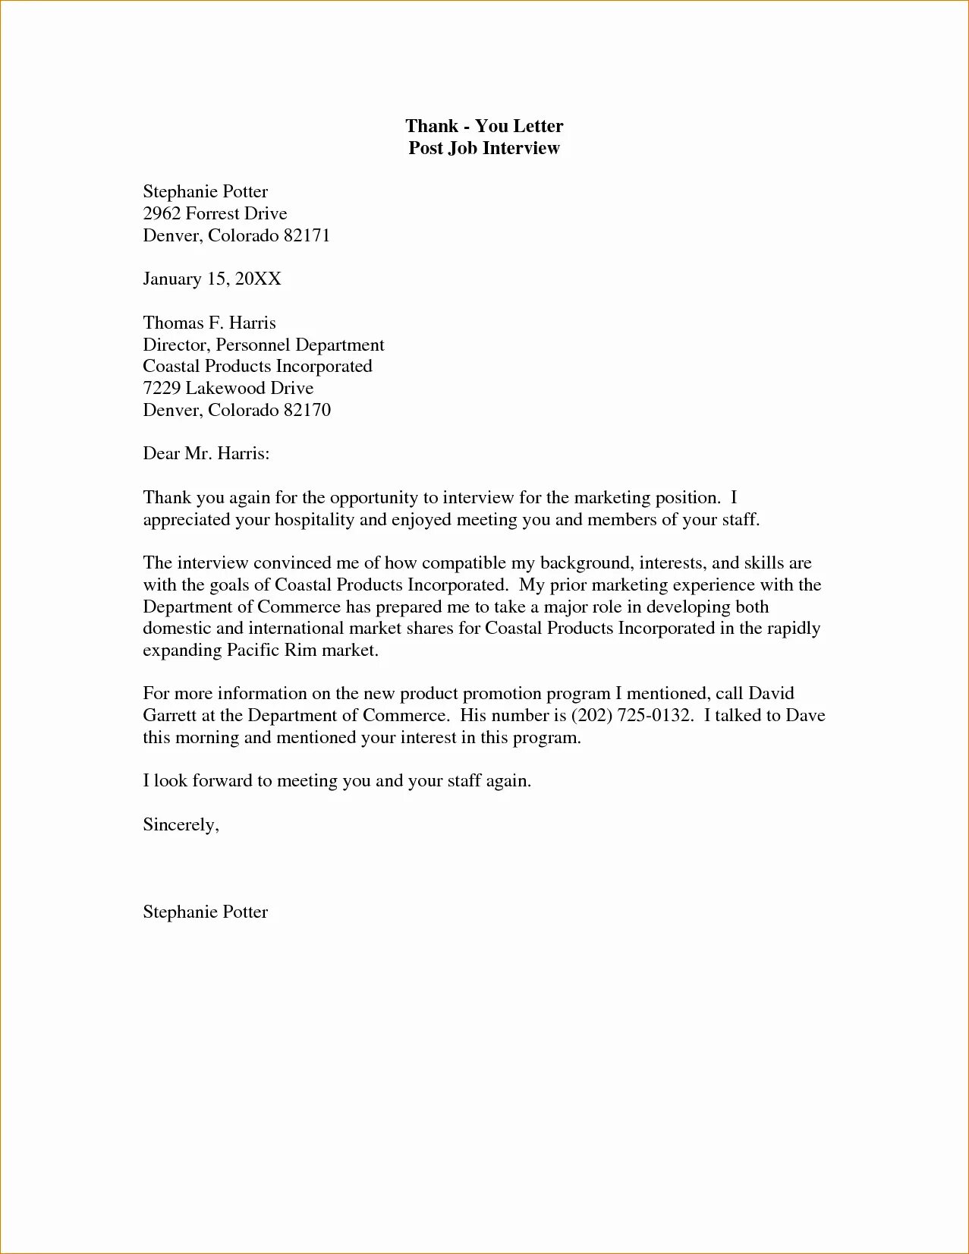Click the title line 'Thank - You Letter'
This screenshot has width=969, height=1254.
(x=484, y=126)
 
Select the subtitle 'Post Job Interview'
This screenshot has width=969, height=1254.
(x=484, y=148)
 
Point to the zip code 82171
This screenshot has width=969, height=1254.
(x=307, y=235)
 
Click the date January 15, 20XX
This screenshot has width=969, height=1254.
(x=212, y=279)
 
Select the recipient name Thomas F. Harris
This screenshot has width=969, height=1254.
(x=209, y=323)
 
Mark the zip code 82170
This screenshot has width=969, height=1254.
(x=307, y=411)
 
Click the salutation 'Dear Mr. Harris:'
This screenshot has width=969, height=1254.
(x=206, y=454)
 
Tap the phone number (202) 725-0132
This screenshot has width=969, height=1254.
(x=631, y=716)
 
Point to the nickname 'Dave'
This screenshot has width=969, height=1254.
(x=805, y=716)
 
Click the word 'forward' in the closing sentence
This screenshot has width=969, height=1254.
(x=222, y=781)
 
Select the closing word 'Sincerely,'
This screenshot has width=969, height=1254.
(x=181, y=825)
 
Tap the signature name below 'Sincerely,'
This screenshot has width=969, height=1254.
(x=205, y=912)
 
